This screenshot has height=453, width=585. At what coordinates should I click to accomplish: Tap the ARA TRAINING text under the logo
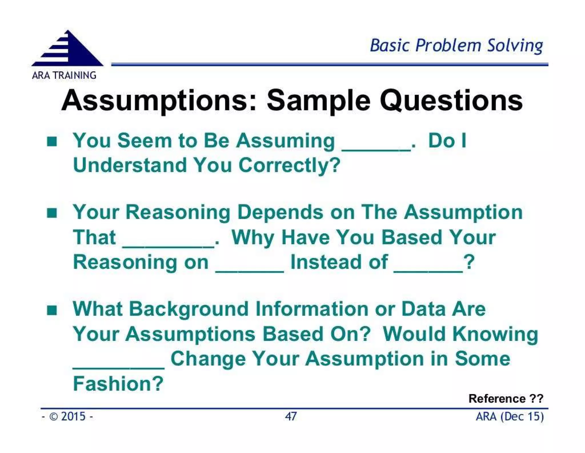coord(64,75)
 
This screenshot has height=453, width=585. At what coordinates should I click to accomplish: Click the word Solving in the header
coord(515,46)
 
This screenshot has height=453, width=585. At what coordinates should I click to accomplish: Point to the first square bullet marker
coord(52,141)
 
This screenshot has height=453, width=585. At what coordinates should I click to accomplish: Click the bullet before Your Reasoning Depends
coord(52,213)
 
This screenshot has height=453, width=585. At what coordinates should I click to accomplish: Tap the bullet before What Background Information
coord(52,310)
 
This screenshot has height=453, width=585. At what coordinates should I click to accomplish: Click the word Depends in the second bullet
coord(281,213)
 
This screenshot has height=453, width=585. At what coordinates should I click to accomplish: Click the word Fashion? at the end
coord(118,384)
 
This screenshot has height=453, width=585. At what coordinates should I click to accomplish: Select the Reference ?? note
coord(506,398)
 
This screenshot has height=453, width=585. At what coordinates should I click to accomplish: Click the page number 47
coord(291,416)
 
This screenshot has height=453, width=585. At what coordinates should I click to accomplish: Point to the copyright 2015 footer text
coord(67,416)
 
